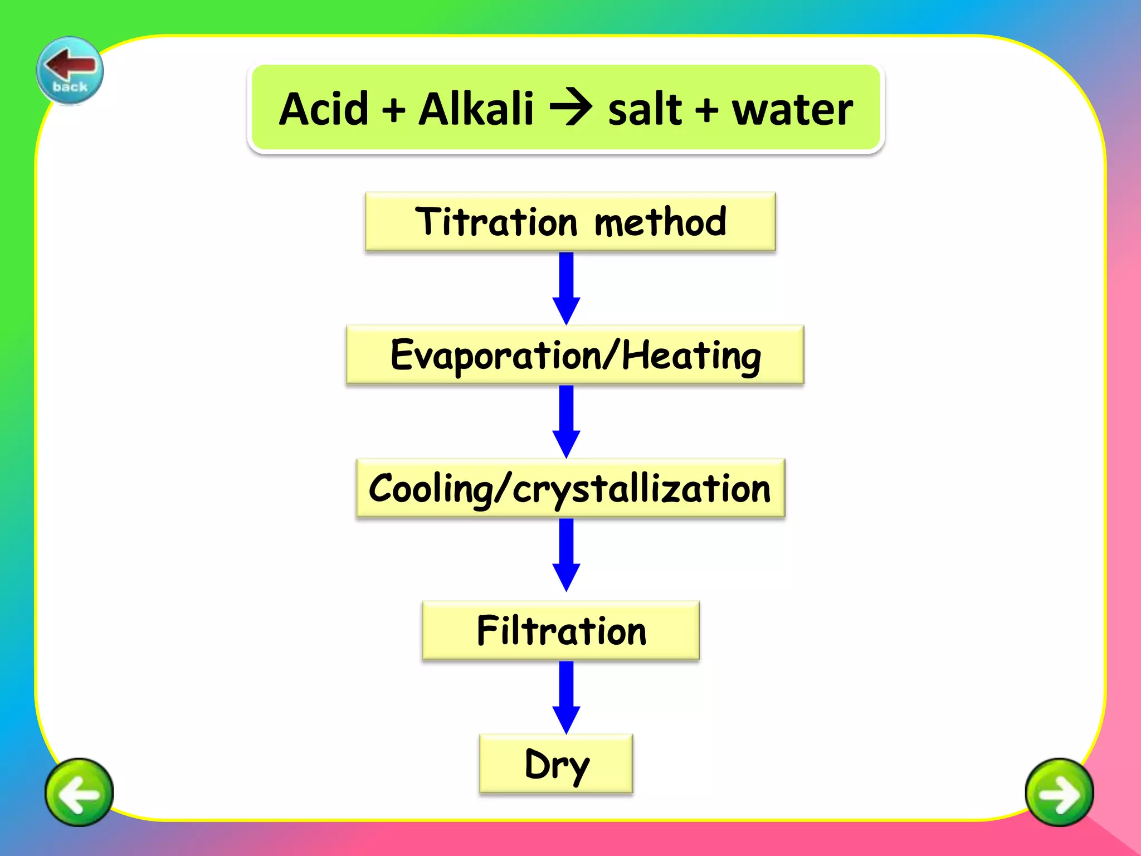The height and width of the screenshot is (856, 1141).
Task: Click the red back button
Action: click(70, 70)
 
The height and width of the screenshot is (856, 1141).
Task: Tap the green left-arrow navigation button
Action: click(79, 792)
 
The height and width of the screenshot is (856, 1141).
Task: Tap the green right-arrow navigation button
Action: click(1059, 792)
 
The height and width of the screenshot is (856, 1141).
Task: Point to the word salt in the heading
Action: click(645, 110)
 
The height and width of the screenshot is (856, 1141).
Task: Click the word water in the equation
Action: click(792, 110)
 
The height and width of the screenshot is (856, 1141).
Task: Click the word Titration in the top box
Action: click(496, 222)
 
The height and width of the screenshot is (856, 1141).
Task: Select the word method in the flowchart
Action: click(661, 222)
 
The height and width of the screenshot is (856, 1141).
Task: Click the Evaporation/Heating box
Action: click(575, 355)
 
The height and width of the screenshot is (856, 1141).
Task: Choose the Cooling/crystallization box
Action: click(570, 488)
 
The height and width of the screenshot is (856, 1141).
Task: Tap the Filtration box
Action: click(561, 630)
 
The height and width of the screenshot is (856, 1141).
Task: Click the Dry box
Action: click(556, 763)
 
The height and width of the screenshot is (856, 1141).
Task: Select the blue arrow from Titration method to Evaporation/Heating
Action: click(566, 288)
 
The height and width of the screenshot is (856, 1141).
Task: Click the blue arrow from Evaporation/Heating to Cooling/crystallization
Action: click(566, 421)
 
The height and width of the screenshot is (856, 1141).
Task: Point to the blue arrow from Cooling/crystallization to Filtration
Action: click(566, 555)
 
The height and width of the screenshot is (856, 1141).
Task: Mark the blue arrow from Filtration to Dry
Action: click(566, 697)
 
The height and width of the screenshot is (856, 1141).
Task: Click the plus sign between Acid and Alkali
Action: click(393, 110)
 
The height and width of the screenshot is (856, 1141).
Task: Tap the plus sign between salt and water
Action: click(706, 110)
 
